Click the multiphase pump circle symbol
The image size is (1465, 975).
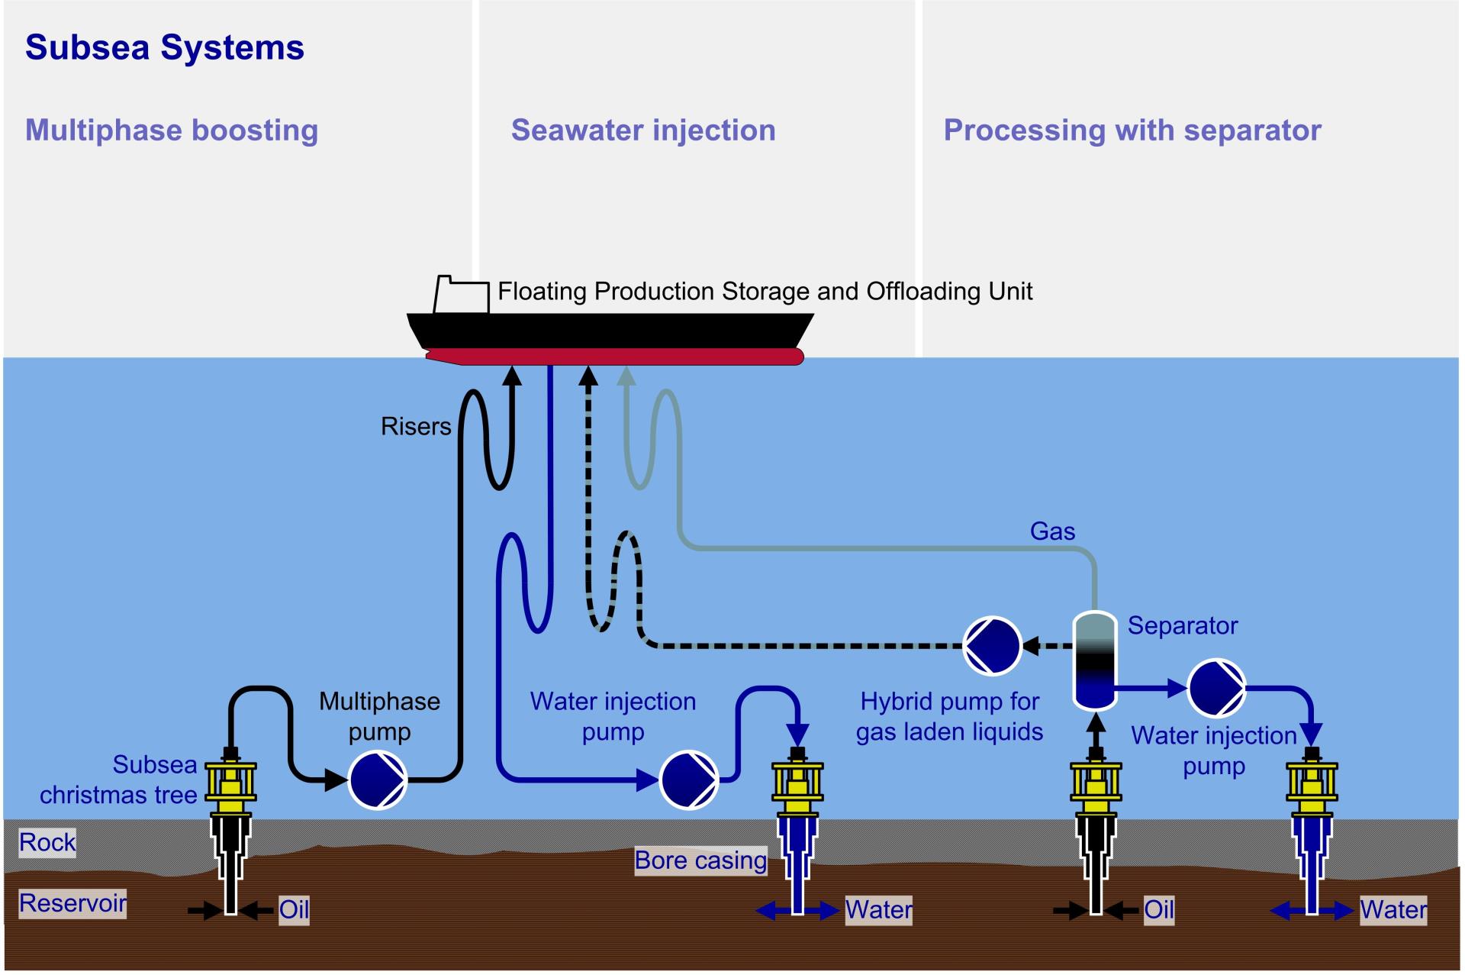378,780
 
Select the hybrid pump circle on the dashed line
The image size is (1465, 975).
992,646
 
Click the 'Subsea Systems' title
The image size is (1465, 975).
165,47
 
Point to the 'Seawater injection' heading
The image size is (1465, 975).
643,130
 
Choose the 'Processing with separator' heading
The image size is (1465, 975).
1132,130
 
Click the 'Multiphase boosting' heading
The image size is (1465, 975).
172,130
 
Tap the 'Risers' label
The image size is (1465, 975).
416,426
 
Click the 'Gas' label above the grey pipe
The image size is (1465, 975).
1052,531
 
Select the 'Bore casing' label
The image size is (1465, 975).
700,860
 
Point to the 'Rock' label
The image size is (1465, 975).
47,842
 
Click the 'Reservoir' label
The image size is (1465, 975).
72,903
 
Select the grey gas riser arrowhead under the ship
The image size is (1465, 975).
626,375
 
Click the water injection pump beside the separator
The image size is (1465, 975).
1216,688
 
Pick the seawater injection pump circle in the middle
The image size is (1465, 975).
689,780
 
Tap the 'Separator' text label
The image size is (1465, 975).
1182,625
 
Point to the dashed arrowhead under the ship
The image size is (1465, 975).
588,375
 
